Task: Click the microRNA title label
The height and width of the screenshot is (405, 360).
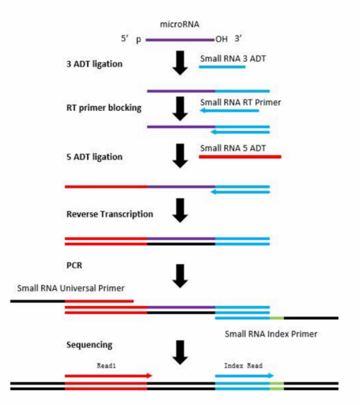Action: pos(179,24)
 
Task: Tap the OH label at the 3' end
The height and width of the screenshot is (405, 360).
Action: pos(222,39)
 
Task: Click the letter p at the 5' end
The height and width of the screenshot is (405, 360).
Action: pos(139,40)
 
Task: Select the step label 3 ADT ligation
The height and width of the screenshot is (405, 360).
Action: pos(94,64)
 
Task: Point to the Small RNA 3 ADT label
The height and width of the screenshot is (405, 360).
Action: pos(233,59)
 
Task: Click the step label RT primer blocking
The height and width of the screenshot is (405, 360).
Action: pos(104,107)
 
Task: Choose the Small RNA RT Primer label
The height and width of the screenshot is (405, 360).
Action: pos(240,103)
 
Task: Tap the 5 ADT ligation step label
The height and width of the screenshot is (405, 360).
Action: pos(94,157)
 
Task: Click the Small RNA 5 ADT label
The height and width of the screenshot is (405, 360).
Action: pos(233,148)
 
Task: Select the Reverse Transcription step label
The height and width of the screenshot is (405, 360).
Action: pos(110,214)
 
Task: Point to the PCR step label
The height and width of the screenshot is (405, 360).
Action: pos(74,265)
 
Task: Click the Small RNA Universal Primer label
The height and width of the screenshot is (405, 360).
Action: pos(70,288)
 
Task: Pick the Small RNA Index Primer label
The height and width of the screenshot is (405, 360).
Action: pos(271,334)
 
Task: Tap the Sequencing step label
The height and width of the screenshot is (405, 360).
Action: pos(89,345)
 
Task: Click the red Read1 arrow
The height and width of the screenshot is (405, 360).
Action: pos(109,376)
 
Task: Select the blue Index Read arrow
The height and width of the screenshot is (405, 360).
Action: pos(244,376)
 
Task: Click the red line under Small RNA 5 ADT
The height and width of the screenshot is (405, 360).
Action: pos(240,157)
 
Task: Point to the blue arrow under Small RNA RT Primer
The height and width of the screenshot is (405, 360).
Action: pos(229,111)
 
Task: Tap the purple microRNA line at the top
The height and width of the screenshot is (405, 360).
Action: pos(180,40)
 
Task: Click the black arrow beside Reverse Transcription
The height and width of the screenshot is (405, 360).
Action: pos(180,211)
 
